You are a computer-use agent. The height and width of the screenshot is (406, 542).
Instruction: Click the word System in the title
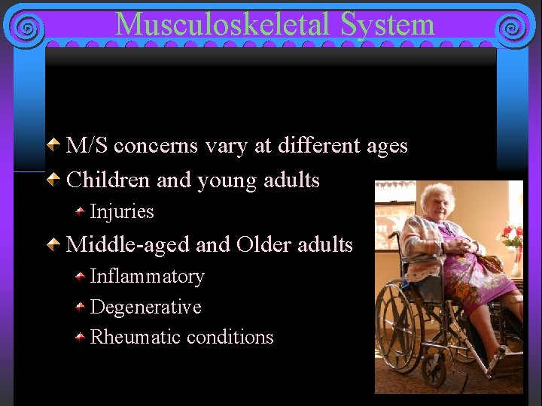(388, 24)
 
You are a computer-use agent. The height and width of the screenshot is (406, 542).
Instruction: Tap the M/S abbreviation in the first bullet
(88, 145)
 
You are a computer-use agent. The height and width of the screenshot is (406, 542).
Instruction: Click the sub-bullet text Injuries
(122, 212)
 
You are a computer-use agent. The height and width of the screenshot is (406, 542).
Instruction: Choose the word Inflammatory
(147, 277)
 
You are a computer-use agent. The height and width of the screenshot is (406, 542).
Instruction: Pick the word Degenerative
(145, 307)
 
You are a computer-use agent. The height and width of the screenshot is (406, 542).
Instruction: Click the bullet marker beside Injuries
(80, 212)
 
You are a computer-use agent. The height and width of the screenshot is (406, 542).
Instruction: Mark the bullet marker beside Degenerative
(80, 307)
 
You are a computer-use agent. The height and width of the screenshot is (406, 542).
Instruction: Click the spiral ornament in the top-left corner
(26, 29)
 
